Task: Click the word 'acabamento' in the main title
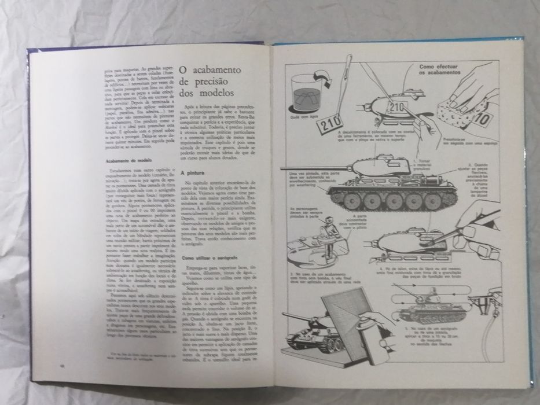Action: pos(218,71)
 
